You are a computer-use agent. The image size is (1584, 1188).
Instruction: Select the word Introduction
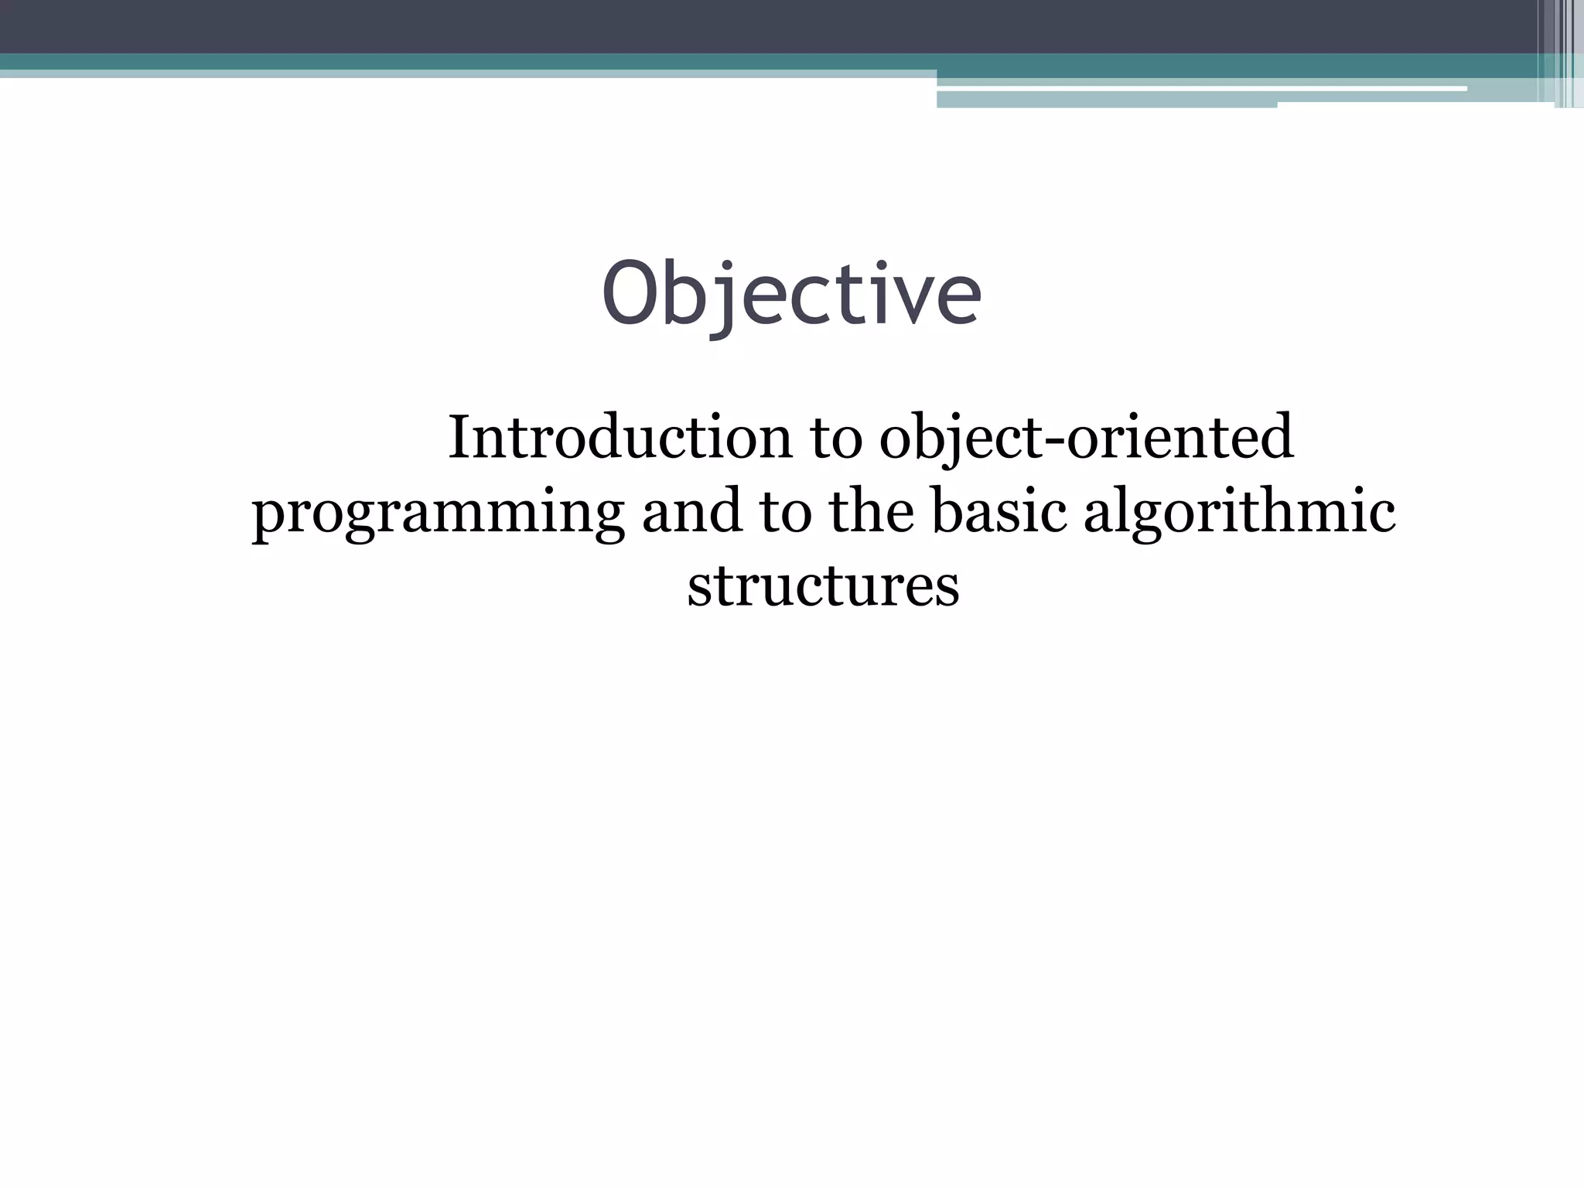click(620, 437)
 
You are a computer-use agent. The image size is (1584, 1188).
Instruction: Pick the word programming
click(438, 512)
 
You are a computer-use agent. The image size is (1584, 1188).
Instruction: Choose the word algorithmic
click(1239, 512)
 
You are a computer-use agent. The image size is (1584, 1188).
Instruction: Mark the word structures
click(823, 585)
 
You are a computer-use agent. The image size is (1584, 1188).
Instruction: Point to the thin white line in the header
click(1199, 89)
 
